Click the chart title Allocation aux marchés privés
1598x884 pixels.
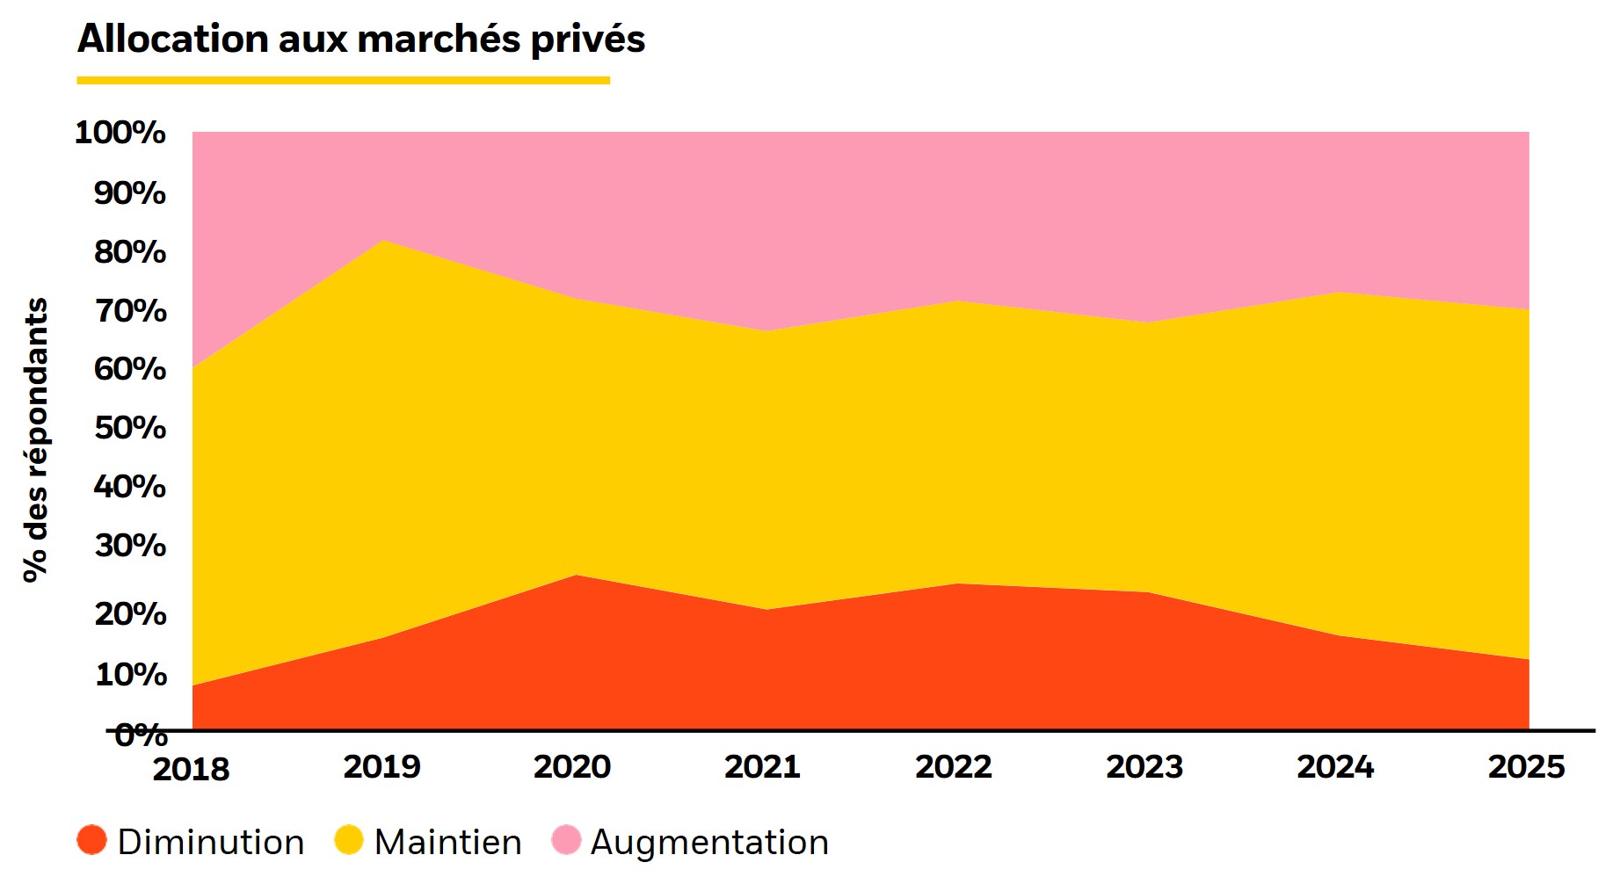tap(360, 40)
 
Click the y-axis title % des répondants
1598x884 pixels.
tap(35, 439)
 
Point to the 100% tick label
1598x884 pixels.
tap(120, 133)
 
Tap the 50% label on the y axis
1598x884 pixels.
tap(130, 428)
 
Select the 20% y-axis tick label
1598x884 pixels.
tap(130, 613)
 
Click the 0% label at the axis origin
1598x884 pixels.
tap(141, 735)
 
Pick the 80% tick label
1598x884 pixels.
tap(130, 252)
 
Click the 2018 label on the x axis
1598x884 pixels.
tap(191, 769)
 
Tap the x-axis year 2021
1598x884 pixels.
tap(762, 767)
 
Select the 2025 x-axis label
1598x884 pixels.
tap(1526, 767)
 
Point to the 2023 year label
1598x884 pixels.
tap(1144, 767)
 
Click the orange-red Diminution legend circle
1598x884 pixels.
tap(92, 840)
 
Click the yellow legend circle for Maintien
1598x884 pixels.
tap(349, 840)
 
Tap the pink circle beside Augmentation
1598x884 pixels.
tap(566, 840)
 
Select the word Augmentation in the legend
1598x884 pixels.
tap(709, 842)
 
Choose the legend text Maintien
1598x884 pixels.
tap(447, 842)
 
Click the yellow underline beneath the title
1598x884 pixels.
tap(343, 80)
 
